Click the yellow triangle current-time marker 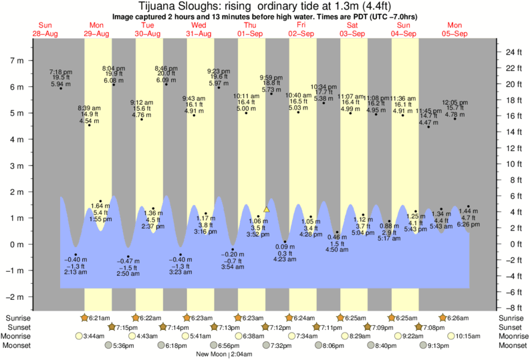click(x=266, y=209)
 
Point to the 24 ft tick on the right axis click(x=512, y=52)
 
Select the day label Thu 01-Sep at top click(x=249, y=29)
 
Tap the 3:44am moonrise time click(x=96, y=337)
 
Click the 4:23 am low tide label click(x=285, y=260)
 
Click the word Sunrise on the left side click(x=19, y=318)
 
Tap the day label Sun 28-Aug click(x=45, y=29)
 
